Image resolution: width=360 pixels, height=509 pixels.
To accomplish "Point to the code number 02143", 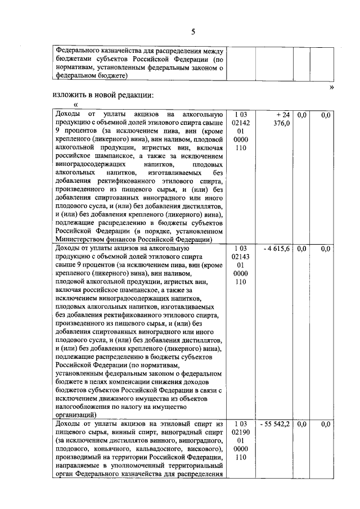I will [241, 257].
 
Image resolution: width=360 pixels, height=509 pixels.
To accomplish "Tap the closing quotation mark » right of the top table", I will [331, 87].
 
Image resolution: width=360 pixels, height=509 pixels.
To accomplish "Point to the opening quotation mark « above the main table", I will [75, 105].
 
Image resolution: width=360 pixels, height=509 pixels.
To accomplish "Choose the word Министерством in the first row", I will [82, 240].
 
